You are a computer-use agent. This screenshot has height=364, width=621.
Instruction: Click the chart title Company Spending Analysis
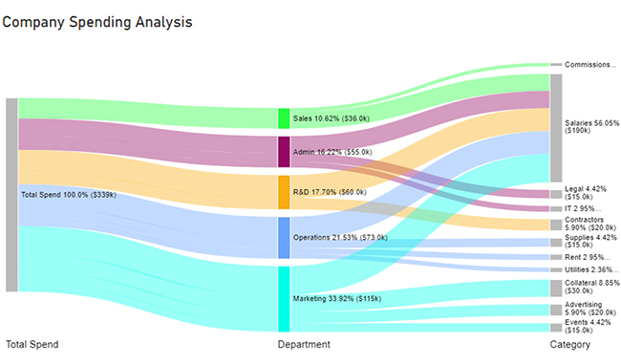[x=97, y=21]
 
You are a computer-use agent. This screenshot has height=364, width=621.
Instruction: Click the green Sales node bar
[x=283, y=118]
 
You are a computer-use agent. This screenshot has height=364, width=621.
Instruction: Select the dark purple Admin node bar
[x=283, y=152]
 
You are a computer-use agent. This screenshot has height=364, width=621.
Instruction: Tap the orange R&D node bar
[x=283, y=192]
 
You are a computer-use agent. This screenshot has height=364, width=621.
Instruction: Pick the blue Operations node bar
[x=283, y=237]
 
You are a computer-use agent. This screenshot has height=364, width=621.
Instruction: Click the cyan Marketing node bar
[x=283, y=298]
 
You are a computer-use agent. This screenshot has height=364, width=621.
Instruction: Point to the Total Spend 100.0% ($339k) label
[x=68, y=195]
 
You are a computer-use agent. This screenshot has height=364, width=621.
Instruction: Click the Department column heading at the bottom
[x=304, y=345]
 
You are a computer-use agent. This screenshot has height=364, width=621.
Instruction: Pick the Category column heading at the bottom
[x=569, y=345]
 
